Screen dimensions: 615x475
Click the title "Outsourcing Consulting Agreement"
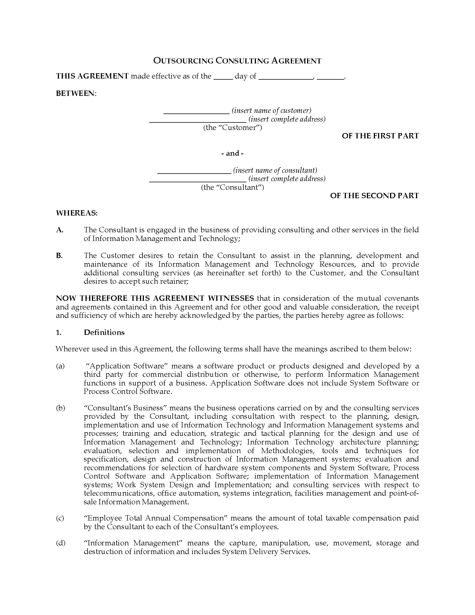point(237,61)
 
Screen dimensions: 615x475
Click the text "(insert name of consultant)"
point(275,170)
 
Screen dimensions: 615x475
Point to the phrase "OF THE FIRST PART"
point(380,136)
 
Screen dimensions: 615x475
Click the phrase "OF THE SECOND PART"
point(374,196)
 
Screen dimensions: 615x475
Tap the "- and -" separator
point(232,153)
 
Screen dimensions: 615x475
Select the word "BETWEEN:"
point(76,93)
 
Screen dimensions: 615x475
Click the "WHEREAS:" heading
point(77,213)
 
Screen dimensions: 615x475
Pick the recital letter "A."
point(60,230)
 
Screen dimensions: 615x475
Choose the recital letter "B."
point(59,256)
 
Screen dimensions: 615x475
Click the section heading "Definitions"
point(104,332)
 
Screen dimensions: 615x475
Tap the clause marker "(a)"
point(60,366)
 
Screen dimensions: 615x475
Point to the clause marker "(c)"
point(60,518)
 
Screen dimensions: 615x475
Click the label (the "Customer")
point(232,127)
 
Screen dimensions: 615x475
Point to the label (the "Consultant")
point(232,187)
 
